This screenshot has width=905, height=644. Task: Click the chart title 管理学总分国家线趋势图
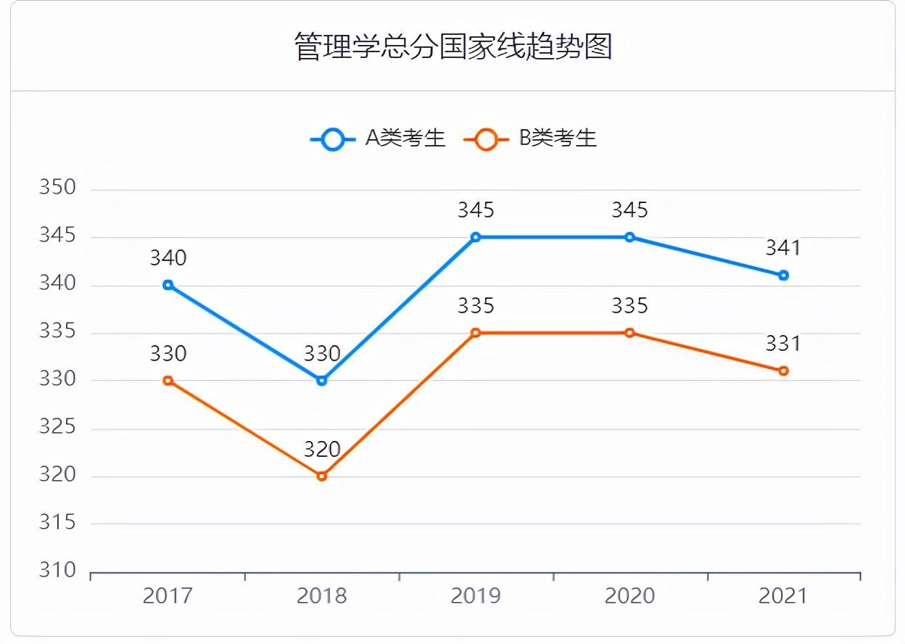pyautogui.click(x=453, y=46)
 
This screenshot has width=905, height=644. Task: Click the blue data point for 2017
pyautogui.click(x=168, y=285)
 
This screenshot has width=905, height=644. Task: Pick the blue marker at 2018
pyautogui.click(x=322, y=380)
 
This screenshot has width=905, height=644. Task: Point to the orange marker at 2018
pyautogui.click(x=322, y=476)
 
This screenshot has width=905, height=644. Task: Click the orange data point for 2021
pyautogui.click(x=783, y=371)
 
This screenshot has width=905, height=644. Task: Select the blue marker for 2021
pyautogui.click(x=783, y=276)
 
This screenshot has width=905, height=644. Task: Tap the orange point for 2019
pyautogui.click(x=476, y=333)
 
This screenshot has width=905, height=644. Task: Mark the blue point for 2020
pyautogui.click(x=629, y=237)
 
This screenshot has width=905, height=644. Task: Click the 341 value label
pyautogui.click(x=783, y=248)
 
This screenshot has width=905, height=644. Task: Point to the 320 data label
pyautogui.click(x=322, y=450)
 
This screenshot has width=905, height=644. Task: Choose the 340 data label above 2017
pyautogui.click(x=168, y=257)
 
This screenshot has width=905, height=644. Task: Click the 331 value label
pyautogui.click(x=783, y=343)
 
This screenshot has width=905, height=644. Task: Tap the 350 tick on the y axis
pyautogui.click(x=57, y=188)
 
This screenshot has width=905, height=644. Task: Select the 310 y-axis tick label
pyautogui.click(x=57, y=571)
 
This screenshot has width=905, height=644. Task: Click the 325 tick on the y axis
pyautogui.click(x=57, y=427)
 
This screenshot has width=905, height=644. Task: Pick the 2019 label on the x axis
pyautogui.click(x=476, y=596)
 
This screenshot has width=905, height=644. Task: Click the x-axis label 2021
pyautogui.click(x=783, y=596)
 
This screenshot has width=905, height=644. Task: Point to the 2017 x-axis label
pyautogui.click(x=168, y=596)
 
